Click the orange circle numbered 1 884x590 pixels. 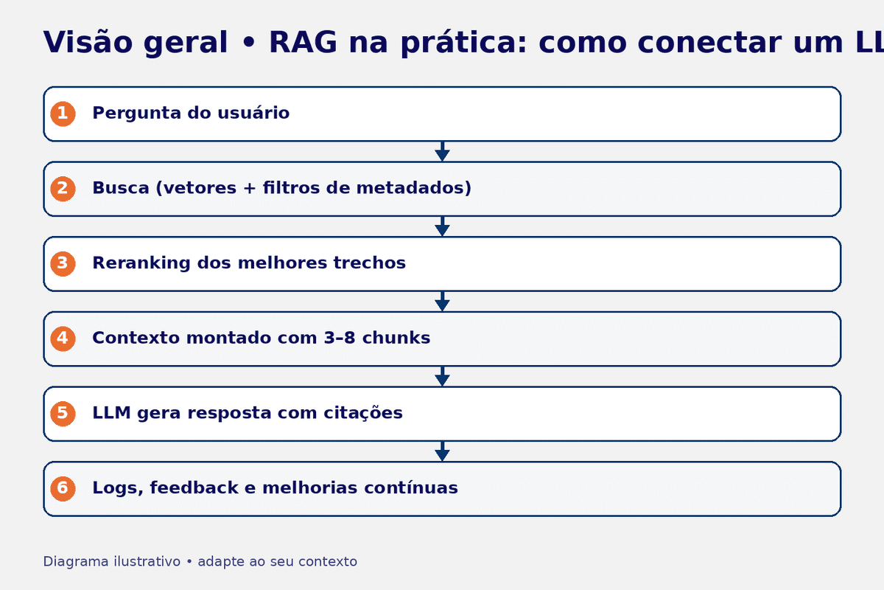63,114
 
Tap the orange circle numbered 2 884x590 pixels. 63,189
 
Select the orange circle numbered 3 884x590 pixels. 63,263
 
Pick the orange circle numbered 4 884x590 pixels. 63,339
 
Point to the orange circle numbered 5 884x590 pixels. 63,413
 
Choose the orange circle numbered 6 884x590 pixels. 63,488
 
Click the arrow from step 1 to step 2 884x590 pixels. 442,152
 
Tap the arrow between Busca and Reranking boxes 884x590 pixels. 442,226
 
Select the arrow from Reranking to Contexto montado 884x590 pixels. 442,302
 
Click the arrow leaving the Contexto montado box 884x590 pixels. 442,376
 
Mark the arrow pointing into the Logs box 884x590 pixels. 442,451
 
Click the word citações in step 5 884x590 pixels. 363,413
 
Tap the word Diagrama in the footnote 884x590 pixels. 75,562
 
